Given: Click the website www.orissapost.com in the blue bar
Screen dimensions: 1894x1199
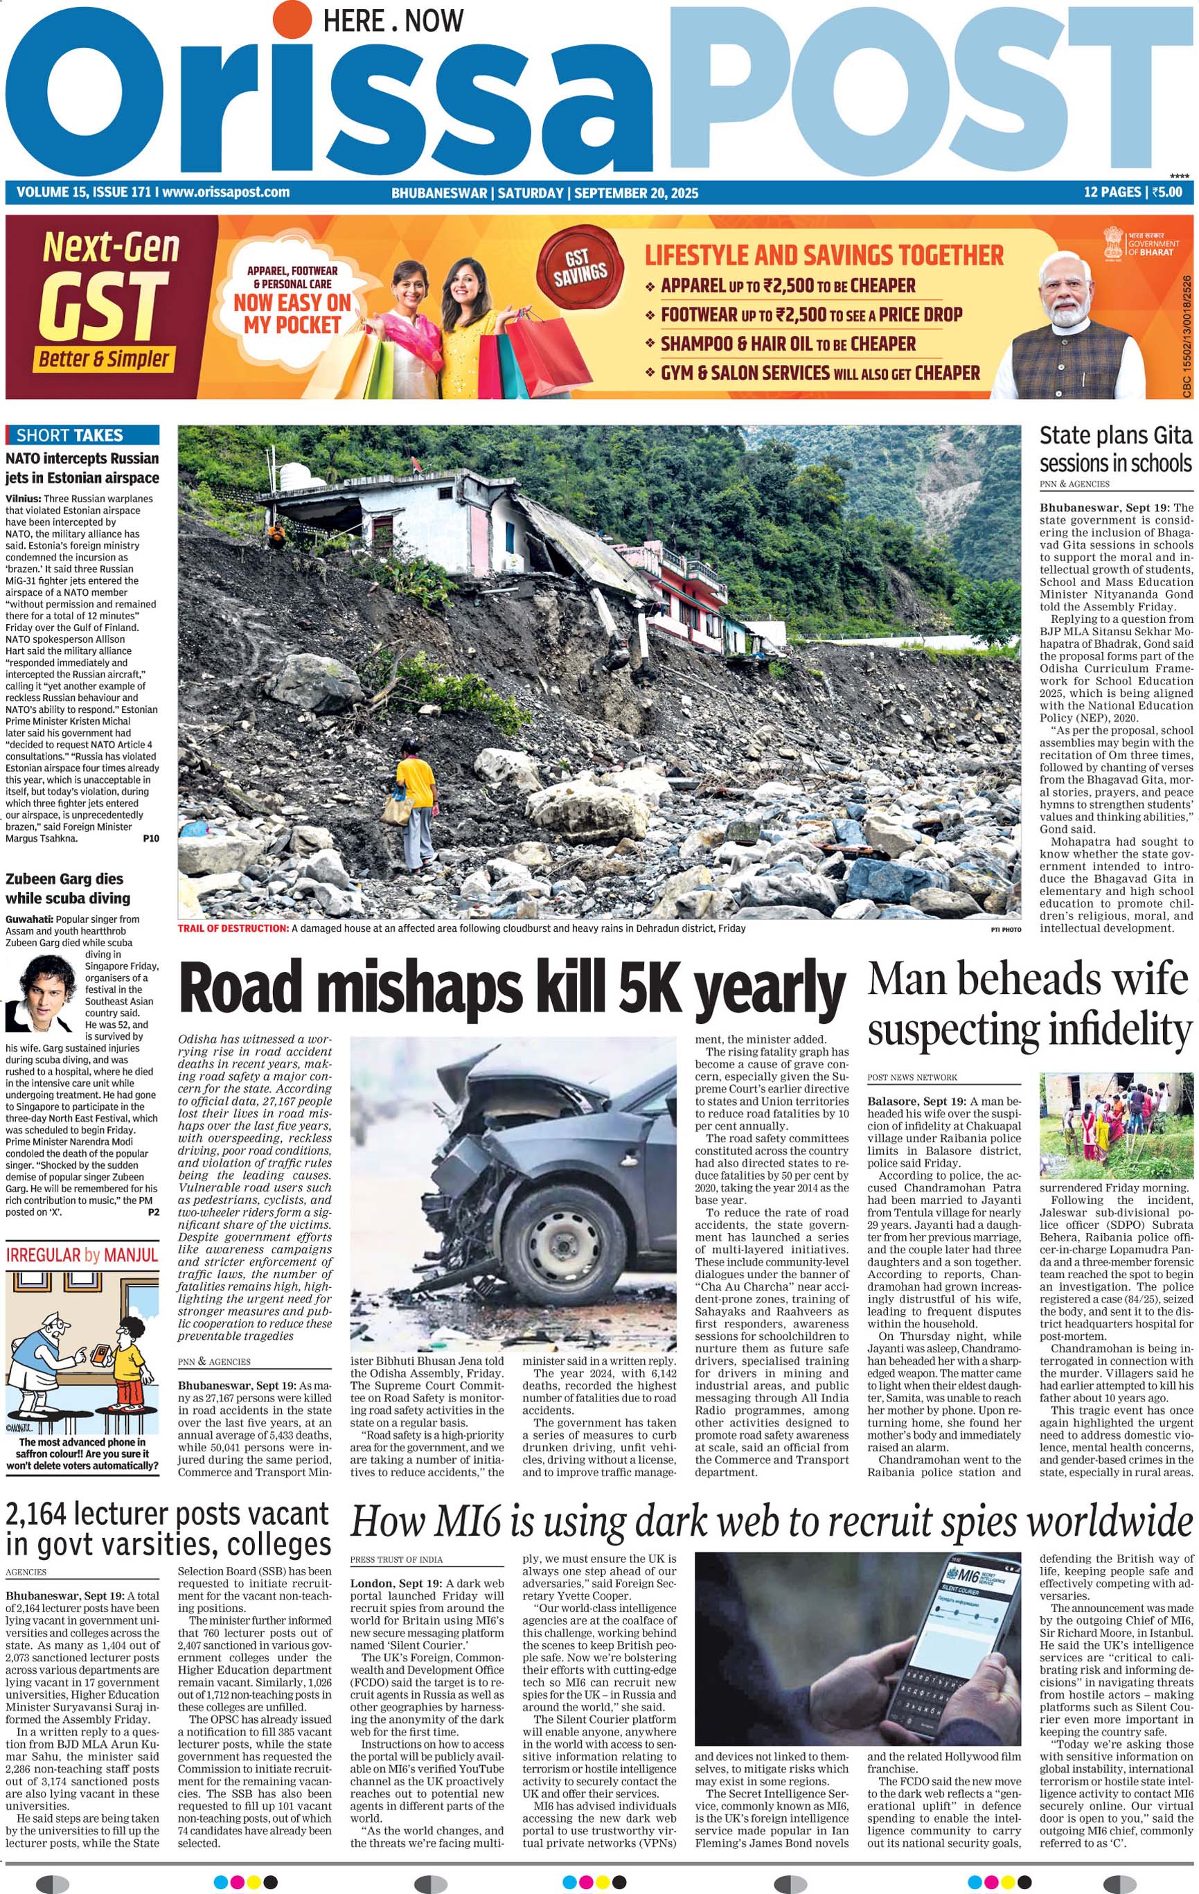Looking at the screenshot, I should [x=227, y=192].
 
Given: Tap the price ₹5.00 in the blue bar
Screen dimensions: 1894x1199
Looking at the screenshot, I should [x=1166, y=192].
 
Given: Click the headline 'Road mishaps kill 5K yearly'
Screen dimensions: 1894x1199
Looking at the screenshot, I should [x=512, y=989].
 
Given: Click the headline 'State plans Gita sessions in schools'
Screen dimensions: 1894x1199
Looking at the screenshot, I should [x=1116, y=449].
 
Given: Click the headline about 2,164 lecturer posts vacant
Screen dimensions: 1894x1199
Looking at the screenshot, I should [x=167, y=1529].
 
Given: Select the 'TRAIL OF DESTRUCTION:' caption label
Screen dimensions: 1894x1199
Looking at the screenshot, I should [x=233, y=928].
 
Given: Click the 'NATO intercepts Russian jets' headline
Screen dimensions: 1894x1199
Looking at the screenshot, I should [x=82, y=468].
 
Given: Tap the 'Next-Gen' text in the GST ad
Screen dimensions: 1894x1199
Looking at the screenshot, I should [x=111, y=247].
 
